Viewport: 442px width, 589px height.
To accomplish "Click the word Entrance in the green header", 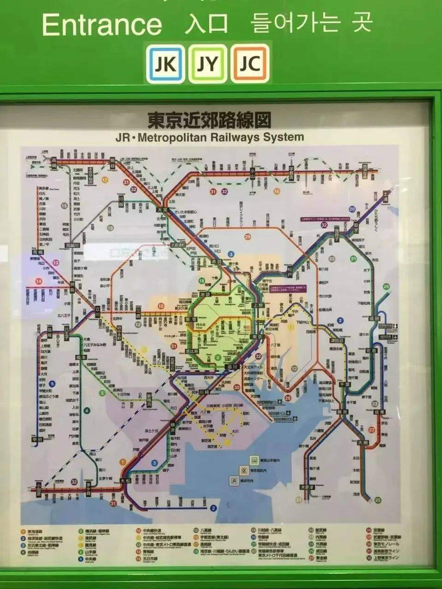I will tap(102, 25).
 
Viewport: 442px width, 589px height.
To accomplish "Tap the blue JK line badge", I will tap(165, 64).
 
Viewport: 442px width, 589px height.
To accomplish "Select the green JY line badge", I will tap(208, 64).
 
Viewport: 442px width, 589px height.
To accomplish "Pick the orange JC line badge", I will tap(250, 64).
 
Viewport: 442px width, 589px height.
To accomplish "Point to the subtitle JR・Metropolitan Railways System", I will tap(209, 137).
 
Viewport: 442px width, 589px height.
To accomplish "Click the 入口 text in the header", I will tap(206, 25).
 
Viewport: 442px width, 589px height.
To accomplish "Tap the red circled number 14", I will tap(39, 281).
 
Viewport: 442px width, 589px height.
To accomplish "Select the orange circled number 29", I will tap(248, 236).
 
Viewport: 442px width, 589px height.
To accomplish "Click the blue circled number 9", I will tap(52, 383).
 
